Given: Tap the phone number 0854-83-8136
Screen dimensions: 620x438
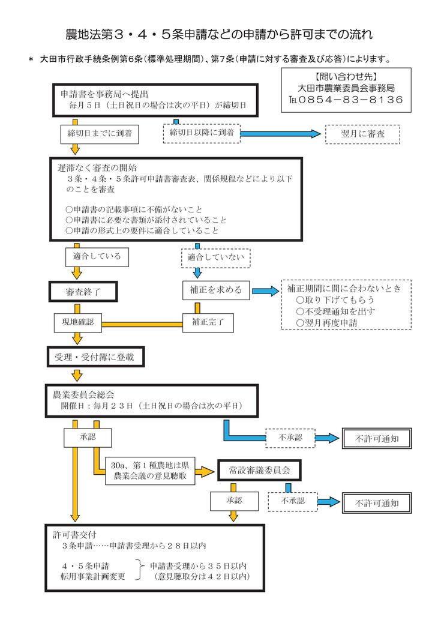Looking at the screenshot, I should pyautogui.click(x=353, y=100).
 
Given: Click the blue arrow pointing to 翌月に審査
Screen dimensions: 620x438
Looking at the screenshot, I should pyautogui.click(x=280, y=134).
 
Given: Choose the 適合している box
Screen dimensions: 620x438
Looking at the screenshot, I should pyautogui.click(x=97, y=257).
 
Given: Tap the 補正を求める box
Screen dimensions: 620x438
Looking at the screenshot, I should pyautogui.click(x=216, y=290).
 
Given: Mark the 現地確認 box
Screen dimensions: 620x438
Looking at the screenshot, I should pyautogui.click(x=78, y=322).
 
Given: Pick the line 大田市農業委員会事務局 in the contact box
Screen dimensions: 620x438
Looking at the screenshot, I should pyautogui.click(x=346, y=88).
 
